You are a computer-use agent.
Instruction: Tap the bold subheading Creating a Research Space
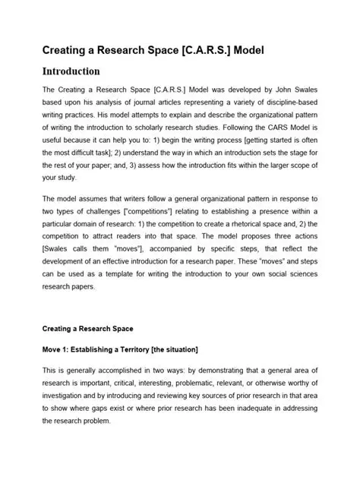click(x=87, y=329)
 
